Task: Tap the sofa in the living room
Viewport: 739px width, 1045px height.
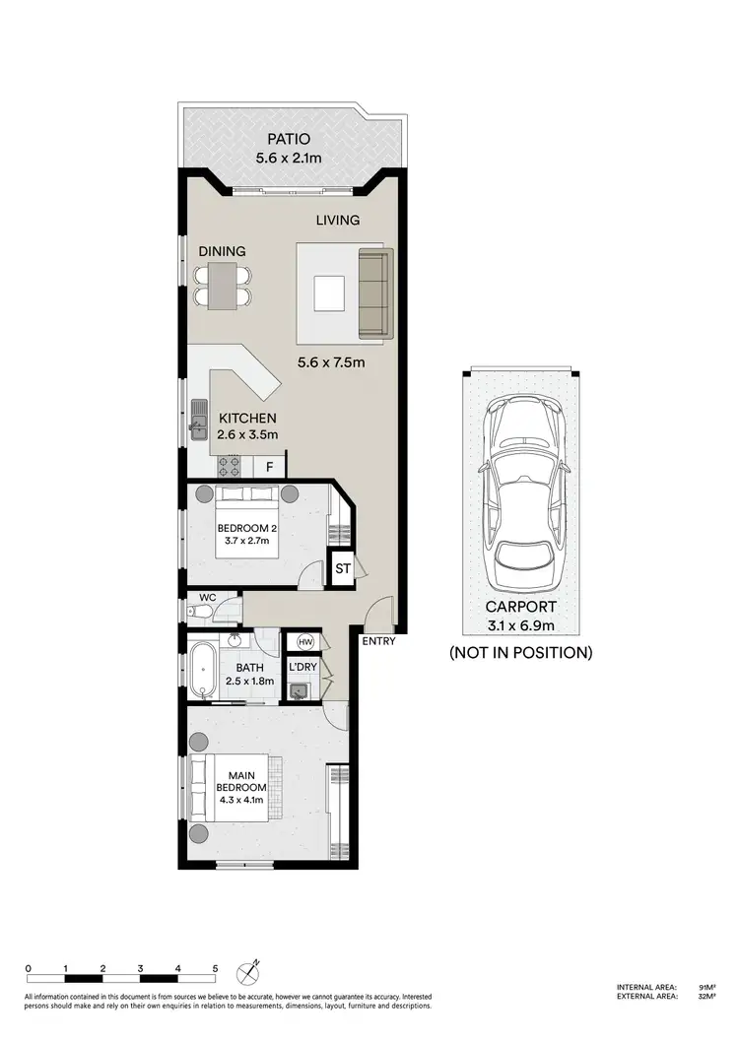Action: (373, 293)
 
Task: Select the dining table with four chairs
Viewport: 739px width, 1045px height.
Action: (223, 285)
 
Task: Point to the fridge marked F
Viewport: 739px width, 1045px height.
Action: (269, 465)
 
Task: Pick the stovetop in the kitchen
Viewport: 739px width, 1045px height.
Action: (231, 465)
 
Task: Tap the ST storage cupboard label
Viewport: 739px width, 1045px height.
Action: (343, 569)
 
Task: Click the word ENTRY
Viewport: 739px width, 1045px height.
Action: (378, 642)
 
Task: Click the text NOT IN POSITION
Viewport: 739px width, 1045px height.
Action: (520, 652)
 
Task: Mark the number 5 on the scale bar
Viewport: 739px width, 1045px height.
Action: (216, 969)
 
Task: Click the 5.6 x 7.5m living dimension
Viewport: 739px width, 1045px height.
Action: (332, 361)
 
